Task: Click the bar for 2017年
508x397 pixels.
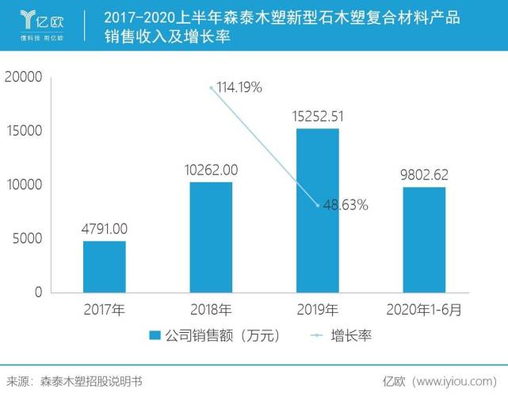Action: tap(104, 266)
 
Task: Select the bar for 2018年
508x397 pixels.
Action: tap(211, 237)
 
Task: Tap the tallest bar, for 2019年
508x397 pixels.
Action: tap(317, 210)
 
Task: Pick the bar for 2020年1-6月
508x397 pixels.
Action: tap(424, 239)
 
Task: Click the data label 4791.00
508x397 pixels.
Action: tap(104, 229)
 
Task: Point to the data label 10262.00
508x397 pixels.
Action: tap(211, 170)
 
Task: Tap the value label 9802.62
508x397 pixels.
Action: tap(424, 174)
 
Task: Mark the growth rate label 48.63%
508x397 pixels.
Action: tap(346, 205)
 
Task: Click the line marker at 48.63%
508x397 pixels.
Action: tap(318, 205)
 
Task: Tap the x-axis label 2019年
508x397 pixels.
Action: tap(317, 307)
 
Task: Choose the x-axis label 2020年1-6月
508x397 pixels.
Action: tap(424, 307)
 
